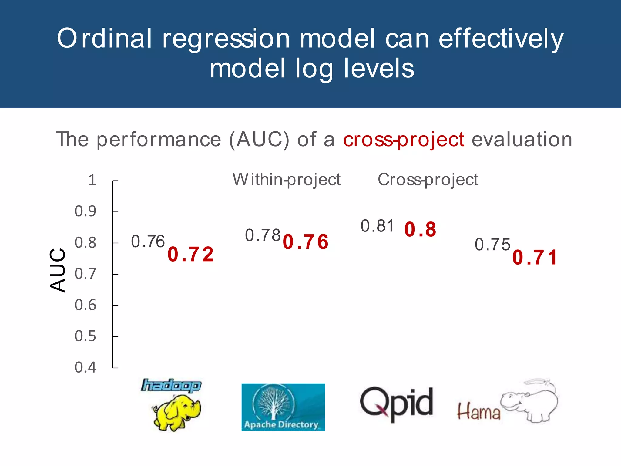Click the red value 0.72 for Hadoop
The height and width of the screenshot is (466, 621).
click(190, 254)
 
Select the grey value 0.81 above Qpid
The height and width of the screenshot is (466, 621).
click(377, 226)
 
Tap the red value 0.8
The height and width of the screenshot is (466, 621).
click(420, 229)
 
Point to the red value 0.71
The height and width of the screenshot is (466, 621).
click(535, 258)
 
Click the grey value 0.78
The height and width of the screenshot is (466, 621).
click(263, 235)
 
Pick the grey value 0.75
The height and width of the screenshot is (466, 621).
click(492, 245)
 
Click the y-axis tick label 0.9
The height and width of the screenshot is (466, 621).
click(85, 211)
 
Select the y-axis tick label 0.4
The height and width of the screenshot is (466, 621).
click(85, 367)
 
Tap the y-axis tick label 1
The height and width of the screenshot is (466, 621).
click(92, 180)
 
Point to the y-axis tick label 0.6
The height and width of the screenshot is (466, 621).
click(85, 305)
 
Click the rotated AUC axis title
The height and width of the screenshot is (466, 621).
click(57, 270)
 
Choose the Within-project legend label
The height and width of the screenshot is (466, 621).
click(287, 180)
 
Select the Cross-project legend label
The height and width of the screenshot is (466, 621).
click(428, 180)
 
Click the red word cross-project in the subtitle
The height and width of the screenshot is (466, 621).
click(403, 140)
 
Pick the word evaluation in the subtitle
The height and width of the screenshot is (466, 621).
click(522, 140)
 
